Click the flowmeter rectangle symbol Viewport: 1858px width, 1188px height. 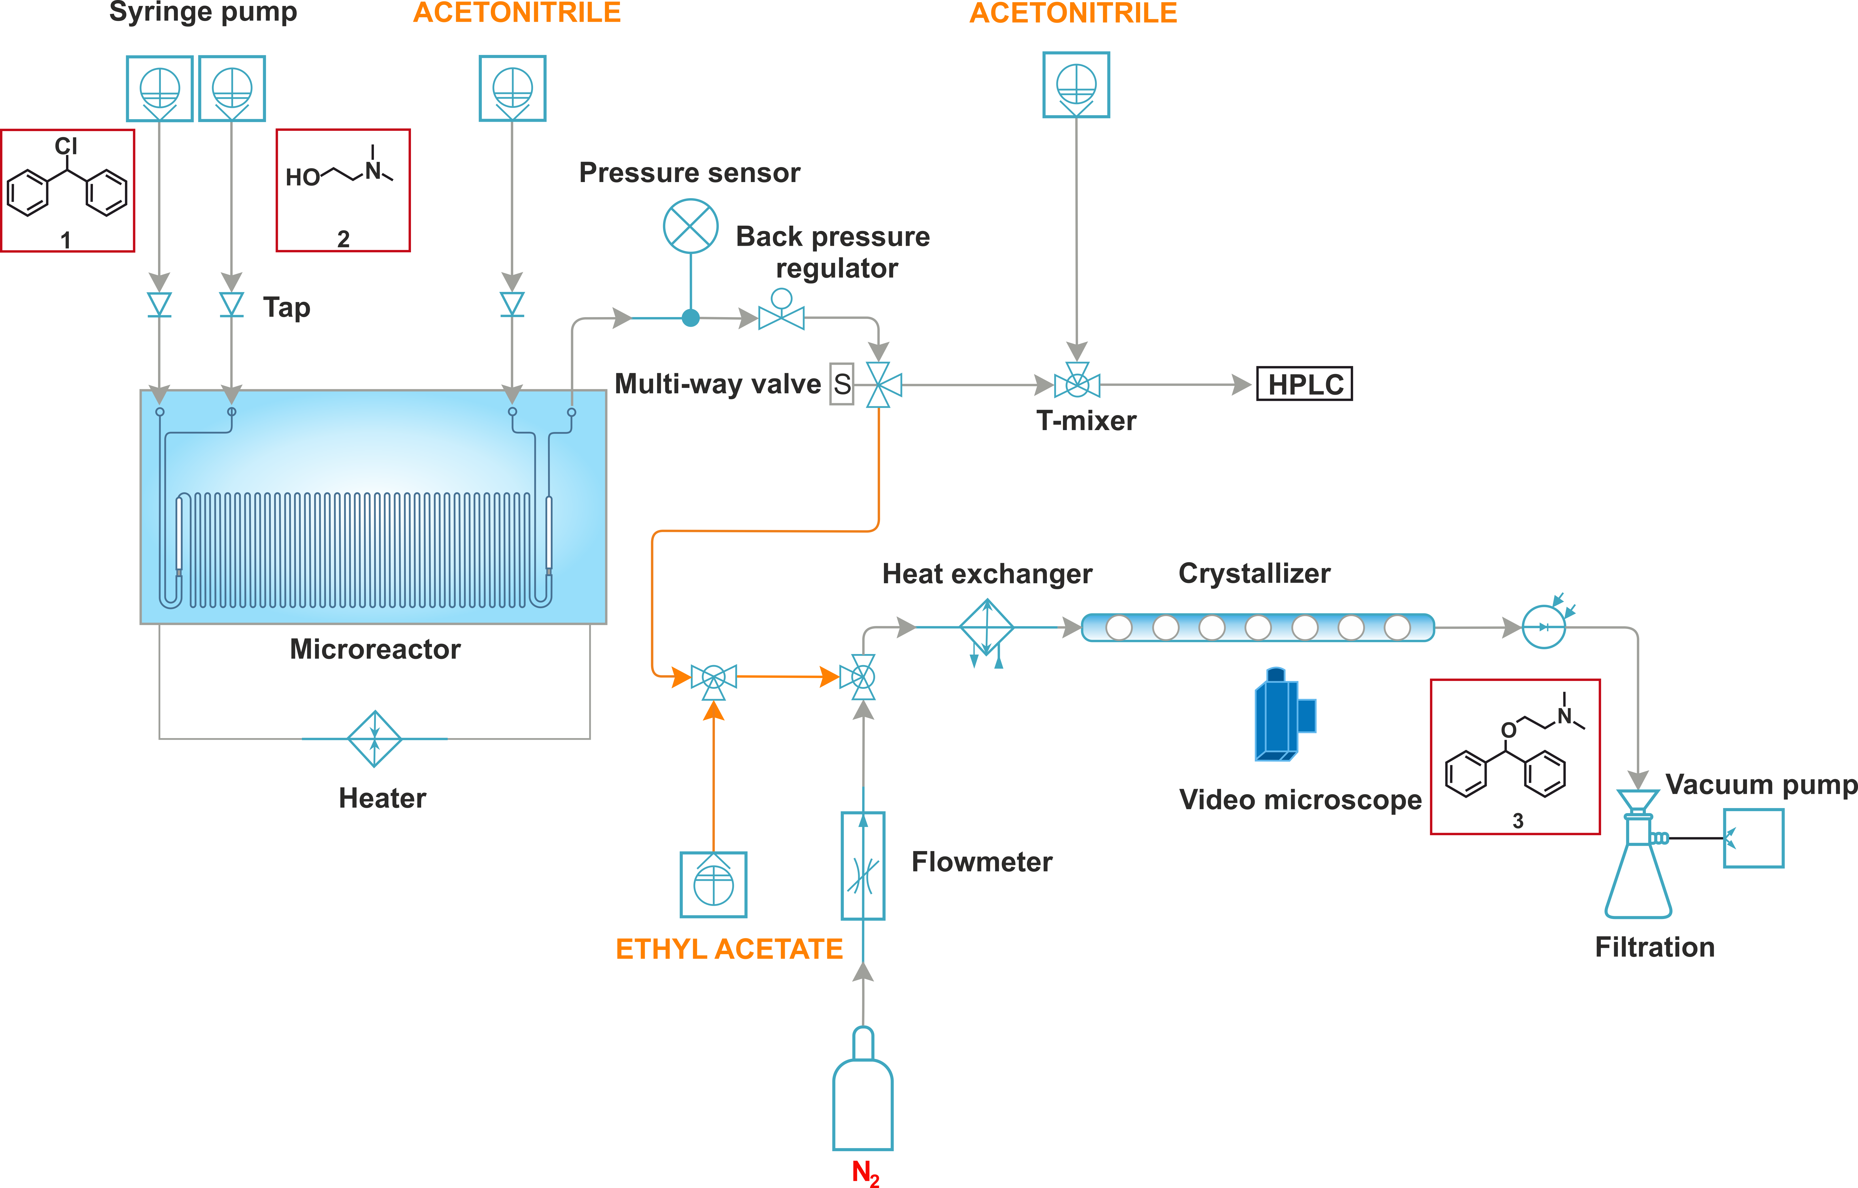(863, 866)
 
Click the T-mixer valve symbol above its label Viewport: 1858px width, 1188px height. (1077, 382)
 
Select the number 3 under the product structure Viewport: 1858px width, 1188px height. (1518, 821)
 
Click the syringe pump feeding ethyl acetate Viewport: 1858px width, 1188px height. (714, 885)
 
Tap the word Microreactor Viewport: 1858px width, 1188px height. (375, 649)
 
